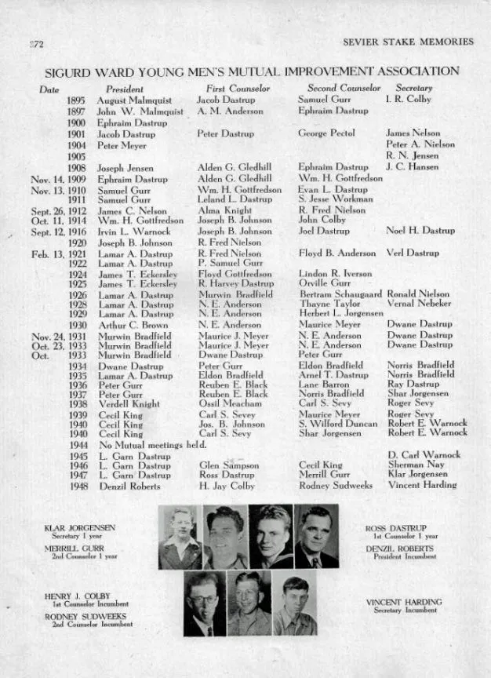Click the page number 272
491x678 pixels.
click(x=35, y=42)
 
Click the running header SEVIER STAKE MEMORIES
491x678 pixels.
click(x=408, y=42)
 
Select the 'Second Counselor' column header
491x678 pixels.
click(x=344, y=89)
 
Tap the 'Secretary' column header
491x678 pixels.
click(x=413, y=89)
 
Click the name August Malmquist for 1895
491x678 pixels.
click(x=133, y=100)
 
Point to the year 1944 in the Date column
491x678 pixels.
click(x=77, y=444)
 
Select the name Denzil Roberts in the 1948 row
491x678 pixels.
click(x=129, y=486)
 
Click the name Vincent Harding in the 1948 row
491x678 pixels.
click(x=422, y=485)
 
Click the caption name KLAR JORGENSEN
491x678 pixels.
click(x=70, y=528)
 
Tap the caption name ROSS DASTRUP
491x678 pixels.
click(x=396, y=528)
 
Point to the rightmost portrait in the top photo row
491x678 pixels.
click(x=316, y=537)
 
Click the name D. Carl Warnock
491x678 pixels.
click(x=424, y=454)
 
